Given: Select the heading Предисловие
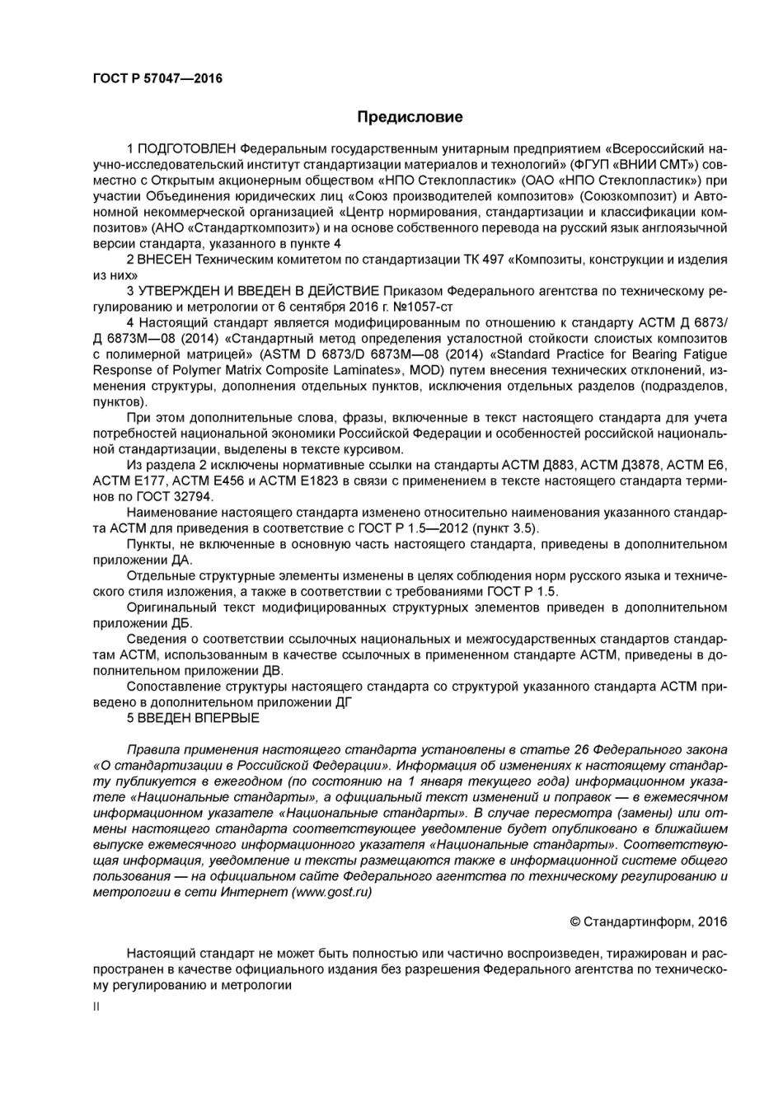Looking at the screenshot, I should [410, 117].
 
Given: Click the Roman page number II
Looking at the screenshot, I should [96, 1006].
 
